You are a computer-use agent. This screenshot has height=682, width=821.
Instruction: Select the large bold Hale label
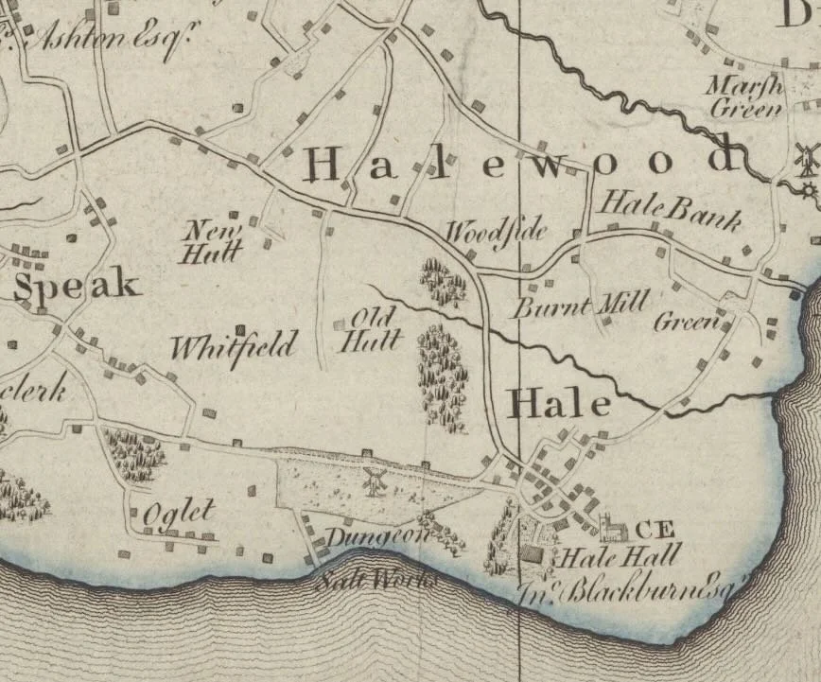559,405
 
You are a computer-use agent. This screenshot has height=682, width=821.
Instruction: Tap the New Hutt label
214,240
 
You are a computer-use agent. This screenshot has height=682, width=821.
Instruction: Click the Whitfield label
234,345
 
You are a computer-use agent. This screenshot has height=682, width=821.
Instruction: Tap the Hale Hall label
620,556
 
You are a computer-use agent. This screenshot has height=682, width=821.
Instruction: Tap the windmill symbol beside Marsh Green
807,158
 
